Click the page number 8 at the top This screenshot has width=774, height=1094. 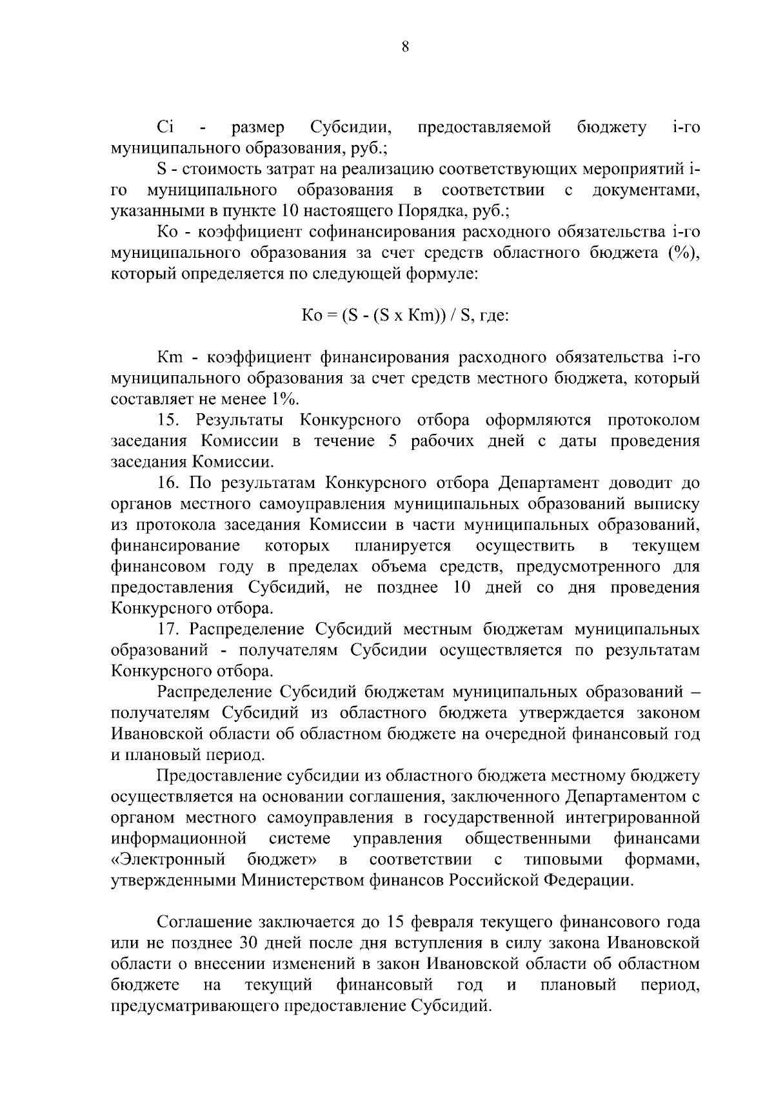click(x=405, y=46)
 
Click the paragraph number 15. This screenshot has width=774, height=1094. click(x=170, y=420)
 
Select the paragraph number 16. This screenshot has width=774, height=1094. click(x=170, y=483)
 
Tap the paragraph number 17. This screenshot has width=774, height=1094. click(x=170, y=629)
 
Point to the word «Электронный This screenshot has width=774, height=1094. click(x=168, y=860)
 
